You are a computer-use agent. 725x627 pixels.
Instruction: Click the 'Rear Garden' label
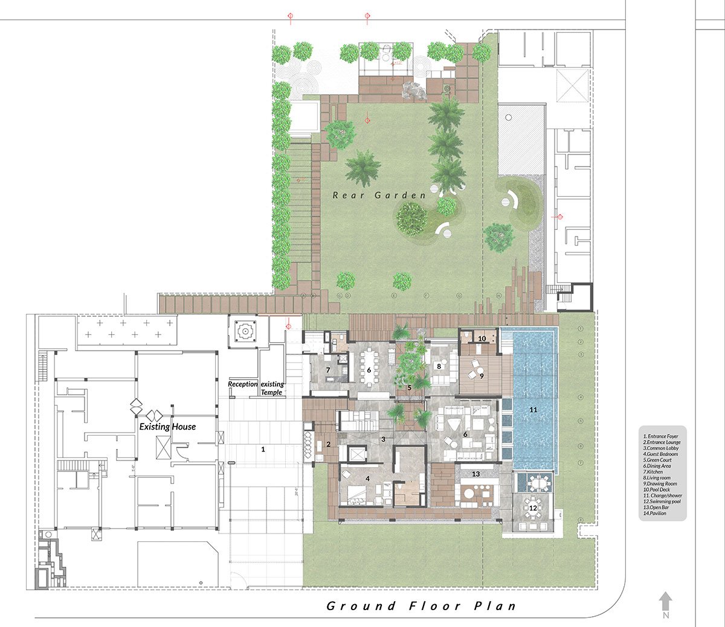pyautogui.click(x=379, y=195)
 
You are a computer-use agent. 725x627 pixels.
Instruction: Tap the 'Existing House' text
pyautogui.click(x=167, y=427)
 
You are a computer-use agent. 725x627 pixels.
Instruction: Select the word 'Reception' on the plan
pyautogui.click(x=243, y=384)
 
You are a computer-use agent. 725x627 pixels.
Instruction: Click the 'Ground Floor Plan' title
pyautogui.click(x=421, y=606)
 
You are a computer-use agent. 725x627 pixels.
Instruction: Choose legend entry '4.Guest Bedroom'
pyautogui.click(x=660, y=454)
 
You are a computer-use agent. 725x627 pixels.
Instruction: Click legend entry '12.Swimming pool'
pyautogui.click(x=662, y=501)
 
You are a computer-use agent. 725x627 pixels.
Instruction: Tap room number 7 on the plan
pyautogui.click(x=328, y=370)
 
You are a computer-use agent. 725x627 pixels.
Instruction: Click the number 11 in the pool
pyautogui.click(x=533, y=410)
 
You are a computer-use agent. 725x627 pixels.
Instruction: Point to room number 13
pyautogui.click(x=475, y=474)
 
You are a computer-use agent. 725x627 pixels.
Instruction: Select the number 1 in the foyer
pyautogui.click(x=263, y=449)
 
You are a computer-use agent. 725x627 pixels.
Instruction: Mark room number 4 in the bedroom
pyautogui.click(x=367, y=479)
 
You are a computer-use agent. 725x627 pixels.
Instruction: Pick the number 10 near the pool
pyautogui.click(x=482, y=339)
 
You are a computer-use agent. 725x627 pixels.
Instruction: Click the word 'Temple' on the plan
pyautogui.click(x=271, y=392)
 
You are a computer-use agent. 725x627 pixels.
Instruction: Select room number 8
pyautogui.click(x=439, y=366)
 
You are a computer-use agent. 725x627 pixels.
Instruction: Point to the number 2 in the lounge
pyautogui.click(x=328, y=444)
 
